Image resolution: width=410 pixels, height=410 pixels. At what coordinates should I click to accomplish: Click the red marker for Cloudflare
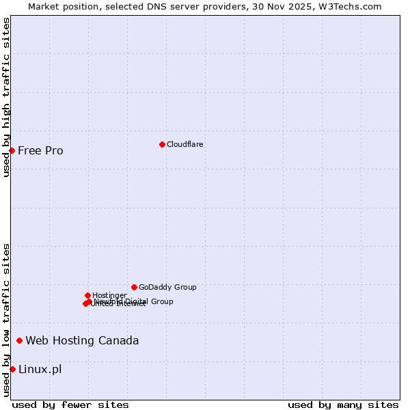tap(162, 144)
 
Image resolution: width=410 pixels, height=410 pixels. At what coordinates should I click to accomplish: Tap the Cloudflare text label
tap(185, 144)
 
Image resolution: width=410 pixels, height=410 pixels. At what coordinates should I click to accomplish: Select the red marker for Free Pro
tap(12, 150)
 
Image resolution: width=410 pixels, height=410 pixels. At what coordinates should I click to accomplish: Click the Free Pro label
tap(40, 150)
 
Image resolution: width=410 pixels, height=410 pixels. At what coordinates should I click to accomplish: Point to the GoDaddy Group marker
tap(134, 287)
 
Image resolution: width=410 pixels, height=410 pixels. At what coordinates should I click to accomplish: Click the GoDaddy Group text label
tap(167, 287)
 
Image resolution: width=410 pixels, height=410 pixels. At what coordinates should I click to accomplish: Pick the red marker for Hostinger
tap(87, 295)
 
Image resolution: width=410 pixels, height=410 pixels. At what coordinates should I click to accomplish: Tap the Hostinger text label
tap(109, 295)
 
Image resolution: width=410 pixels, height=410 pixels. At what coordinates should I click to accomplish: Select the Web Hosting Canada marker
tap(19, 340)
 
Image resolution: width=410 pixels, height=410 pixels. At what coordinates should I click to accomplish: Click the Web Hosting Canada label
tap(82, 340)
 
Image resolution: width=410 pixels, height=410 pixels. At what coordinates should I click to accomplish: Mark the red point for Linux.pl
tap(12, 369)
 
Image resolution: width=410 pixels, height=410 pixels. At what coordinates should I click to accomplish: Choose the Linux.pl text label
tap(40, 369)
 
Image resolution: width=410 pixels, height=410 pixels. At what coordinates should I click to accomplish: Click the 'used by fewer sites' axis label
tap(70, 405)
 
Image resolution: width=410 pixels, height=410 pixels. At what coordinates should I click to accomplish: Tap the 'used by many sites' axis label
tap(343, 405)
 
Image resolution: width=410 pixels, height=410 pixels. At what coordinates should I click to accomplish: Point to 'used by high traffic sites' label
tap(6, 97)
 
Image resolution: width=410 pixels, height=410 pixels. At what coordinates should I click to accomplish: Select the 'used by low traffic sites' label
tap(6, 320)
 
